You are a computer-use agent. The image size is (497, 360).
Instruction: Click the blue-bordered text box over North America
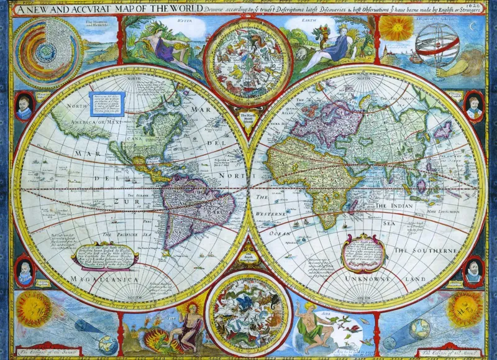point(109,103)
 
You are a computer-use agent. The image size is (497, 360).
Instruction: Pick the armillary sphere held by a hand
point(438,50)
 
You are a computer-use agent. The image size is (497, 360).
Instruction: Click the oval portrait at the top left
point(24,106)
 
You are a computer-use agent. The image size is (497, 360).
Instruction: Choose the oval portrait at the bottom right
point(473,270)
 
